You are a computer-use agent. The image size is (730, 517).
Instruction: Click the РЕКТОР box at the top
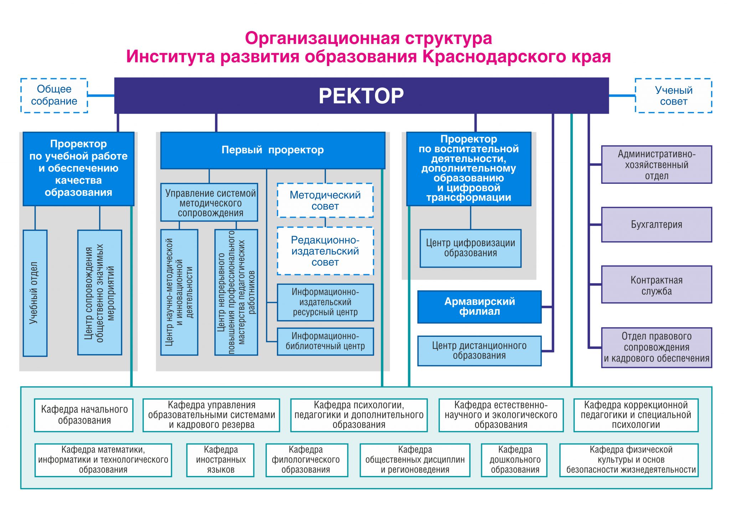[361, 96]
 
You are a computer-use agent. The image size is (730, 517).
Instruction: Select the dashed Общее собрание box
[54, 95]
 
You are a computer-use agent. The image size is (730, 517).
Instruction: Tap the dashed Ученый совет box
[673, 96]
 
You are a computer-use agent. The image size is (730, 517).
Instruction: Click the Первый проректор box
[273, 150]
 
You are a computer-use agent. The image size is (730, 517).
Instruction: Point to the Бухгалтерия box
[656, 225]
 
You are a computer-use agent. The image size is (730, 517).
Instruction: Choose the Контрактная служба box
[656, 285]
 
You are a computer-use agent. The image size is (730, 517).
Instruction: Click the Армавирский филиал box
[479, 307]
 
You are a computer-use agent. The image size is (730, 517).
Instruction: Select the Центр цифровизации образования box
[471, 248]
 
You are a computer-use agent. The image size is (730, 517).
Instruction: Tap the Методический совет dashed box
[325, 201]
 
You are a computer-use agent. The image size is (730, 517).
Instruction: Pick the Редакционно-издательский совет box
[325, 251]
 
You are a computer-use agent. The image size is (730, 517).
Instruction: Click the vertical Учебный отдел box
[35, 293]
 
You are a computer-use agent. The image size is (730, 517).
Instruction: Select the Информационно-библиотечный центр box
[325, 341]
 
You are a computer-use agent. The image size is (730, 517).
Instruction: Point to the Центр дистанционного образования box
[479, 351]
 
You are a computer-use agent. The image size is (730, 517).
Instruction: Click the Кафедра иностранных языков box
[220, 460]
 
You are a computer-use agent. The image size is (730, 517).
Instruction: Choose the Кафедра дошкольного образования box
[514, 460]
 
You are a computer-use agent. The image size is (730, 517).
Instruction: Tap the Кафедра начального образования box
[84, 415]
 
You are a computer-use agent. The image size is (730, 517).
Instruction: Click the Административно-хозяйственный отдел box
[656, 164]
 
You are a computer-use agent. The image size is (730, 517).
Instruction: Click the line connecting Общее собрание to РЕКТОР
[101, 95]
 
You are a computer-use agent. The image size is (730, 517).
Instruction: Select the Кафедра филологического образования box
[307, 460]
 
